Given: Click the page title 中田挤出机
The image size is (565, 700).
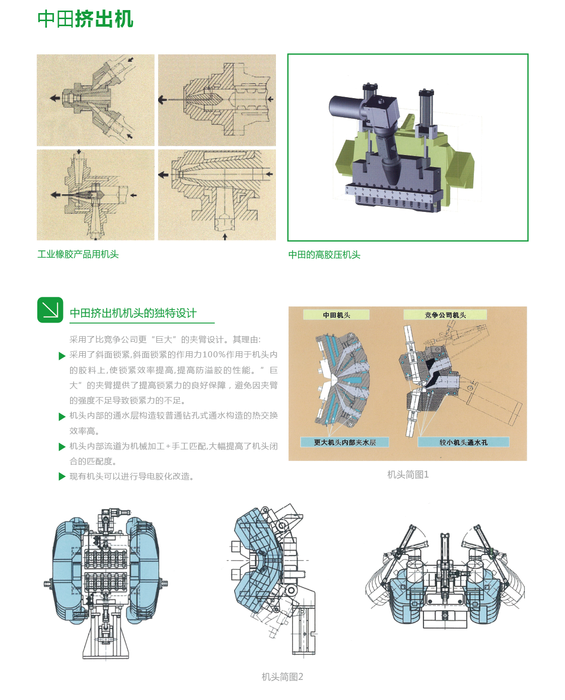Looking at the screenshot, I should click(x=86, y=19).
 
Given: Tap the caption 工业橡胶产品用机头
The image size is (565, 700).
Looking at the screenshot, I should click(x=78, y=254).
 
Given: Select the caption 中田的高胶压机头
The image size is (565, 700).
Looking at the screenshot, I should click(x=324, y=255).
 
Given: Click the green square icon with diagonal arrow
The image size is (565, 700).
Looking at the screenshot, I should click(x=50, y=310).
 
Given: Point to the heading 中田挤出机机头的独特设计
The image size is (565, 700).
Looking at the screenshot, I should click(x=133, y=313).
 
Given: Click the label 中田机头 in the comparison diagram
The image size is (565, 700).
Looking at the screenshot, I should click(x=336, y=315).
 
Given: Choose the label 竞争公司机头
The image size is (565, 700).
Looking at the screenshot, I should click(x=445, y=315).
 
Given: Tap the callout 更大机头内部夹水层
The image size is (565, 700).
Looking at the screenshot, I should click(x=345, y=442).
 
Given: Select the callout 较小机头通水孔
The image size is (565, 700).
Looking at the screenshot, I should click(x=463, y=442).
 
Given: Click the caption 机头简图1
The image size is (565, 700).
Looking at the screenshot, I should click(x=408, y=475).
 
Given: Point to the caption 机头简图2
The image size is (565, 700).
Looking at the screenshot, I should click(x=282, y=677).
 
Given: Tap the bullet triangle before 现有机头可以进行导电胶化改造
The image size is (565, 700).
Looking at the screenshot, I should click(x=62, y=477).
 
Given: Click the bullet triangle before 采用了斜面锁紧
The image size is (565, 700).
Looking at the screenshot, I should click(x=62, y=356).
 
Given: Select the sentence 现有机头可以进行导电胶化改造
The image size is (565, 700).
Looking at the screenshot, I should click(x=132, y=477).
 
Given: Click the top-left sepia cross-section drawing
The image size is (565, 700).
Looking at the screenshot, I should click(x=96, y=100).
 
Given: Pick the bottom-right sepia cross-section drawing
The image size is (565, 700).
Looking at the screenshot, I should click(x=217, y=195).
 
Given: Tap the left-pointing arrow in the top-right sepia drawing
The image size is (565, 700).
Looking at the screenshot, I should click(x=163, y=100).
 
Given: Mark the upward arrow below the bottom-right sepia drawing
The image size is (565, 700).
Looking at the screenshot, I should click(x=225, y=236).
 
